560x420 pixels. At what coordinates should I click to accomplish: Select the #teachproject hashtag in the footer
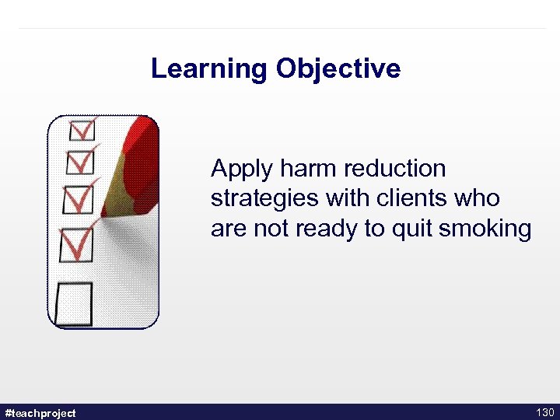[40, 412]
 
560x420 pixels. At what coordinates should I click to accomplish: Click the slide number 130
[544, 412]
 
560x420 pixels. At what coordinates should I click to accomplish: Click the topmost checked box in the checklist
[81, 129]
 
